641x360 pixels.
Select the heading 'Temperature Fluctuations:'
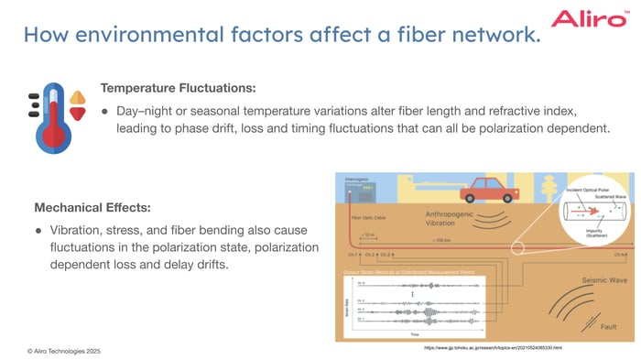click(x=178, y=88)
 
